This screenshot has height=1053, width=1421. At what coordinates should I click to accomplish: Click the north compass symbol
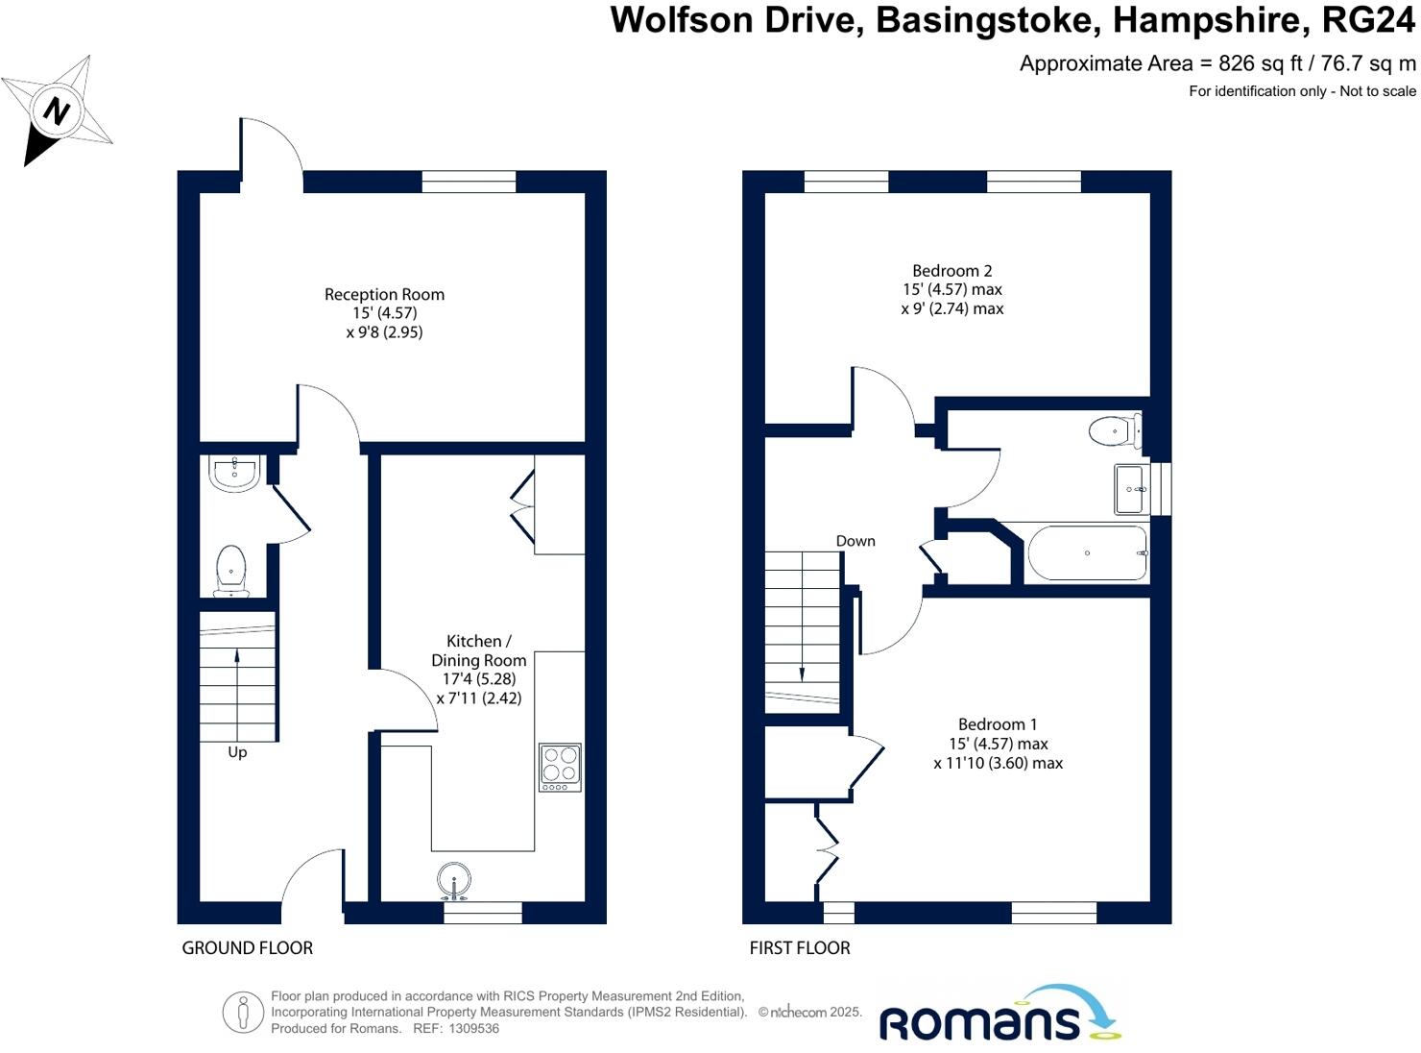click(58, 110)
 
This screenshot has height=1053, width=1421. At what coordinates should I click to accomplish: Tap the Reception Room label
click(384, 295)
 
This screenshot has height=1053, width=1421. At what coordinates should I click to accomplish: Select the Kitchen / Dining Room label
click(478, 650)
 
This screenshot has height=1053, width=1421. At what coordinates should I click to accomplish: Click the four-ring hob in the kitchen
click(560, 767)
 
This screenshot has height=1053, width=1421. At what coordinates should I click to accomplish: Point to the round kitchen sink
click(454, 880)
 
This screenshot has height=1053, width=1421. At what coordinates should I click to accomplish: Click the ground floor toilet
click(231, 569)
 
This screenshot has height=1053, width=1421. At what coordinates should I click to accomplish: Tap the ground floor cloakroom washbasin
click(234, 473)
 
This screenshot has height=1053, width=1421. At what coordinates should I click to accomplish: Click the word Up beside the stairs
click(237, 752)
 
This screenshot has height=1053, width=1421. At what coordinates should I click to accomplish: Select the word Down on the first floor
click(855, 541)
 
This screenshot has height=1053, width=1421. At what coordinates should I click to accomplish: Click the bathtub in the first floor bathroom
click(1086, 553)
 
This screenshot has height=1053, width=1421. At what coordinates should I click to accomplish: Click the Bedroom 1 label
click(998, 724)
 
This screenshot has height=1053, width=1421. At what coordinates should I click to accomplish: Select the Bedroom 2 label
click(951, 271)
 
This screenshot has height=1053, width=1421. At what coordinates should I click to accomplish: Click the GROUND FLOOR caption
click(248, 948)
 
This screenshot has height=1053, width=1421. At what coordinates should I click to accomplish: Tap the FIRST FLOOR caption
click(800, 948)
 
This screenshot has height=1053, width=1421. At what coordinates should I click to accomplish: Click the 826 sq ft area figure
click(1260, 63)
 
